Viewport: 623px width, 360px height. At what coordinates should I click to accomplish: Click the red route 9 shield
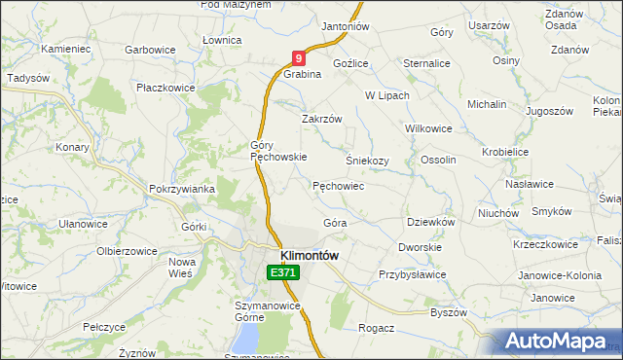(x=299, y=59)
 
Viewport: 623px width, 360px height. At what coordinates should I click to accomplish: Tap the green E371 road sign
(x=283, y=273)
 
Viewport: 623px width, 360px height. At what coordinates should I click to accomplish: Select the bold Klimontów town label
(x=309, y=255)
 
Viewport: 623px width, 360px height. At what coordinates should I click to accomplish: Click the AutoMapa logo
(x=554, y=342)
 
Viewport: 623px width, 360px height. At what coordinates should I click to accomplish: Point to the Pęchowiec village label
(x=338, y=185)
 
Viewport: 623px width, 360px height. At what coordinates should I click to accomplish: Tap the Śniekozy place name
(x=367, y=161)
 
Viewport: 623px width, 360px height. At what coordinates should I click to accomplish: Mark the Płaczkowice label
(x=165, y=88)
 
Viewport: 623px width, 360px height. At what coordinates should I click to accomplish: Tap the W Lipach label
(x=386, y=95)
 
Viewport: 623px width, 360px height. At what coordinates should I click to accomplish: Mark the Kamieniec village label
(x=65, y=48)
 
